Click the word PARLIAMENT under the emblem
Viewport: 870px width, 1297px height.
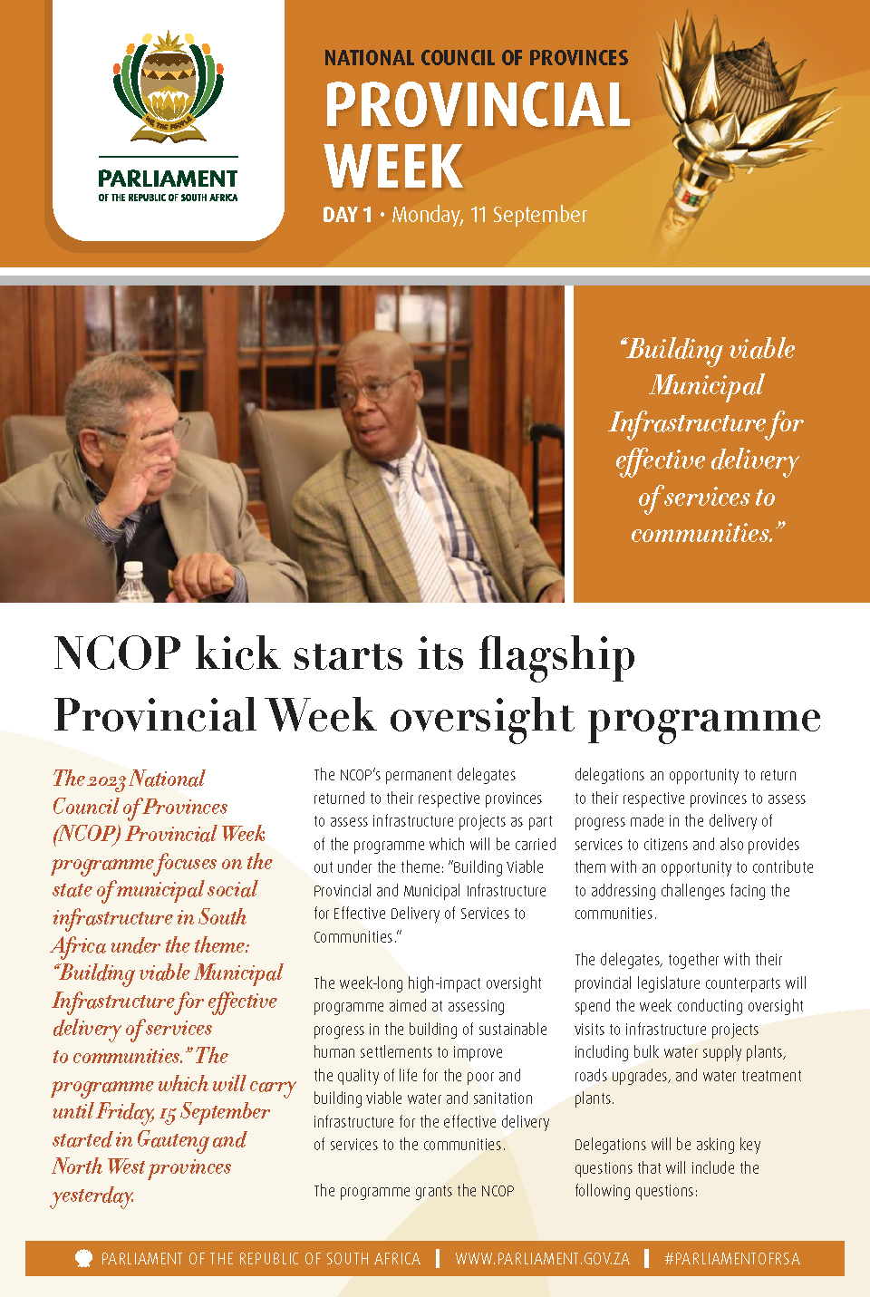(168, 179)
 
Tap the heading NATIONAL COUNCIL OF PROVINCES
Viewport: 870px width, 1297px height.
(476, 59)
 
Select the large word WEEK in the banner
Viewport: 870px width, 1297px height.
(393, 167)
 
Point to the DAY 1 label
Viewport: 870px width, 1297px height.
(347, 216)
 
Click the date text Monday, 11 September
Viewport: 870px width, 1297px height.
(489, 216)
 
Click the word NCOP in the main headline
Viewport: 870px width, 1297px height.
(117, 653)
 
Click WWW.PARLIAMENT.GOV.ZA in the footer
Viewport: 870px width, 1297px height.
(542, 1259)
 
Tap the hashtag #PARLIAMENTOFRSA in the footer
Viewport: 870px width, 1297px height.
(732, 1259)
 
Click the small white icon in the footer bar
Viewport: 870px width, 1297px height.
(83, 1258)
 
